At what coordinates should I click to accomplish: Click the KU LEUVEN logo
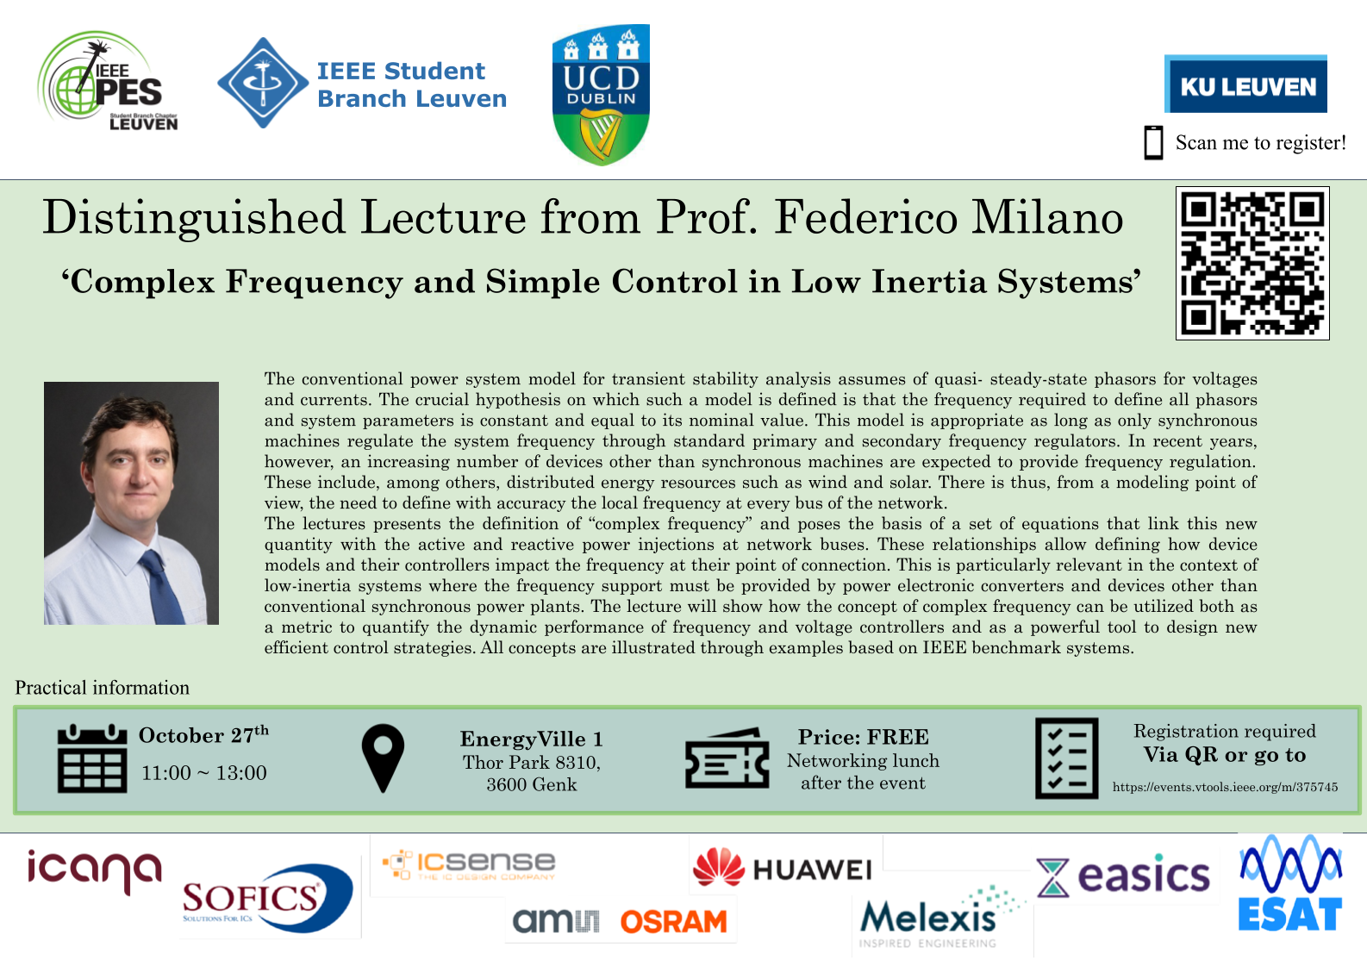coord(1245,84)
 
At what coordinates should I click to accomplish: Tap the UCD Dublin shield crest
coord(601,95)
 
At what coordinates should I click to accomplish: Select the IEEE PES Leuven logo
coord(108,81)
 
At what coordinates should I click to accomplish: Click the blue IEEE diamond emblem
coord(263,83)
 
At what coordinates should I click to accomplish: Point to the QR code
coord(1252,263)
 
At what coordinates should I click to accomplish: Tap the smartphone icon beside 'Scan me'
coord(1153,143)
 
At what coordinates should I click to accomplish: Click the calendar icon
coord(92,758)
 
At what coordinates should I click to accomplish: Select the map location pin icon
coord(383,758)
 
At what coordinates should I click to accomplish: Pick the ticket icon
coord(727,758)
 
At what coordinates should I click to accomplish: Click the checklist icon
coord(1067,758)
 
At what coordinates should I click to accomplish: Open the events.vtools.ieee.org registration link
coord(1225,787)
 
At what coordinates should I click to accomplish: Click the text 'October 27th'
coord(203,734)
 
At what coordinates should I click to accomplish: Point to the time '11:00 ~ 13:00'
coord(203,773)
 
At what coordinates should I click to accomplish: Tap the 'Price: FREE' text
coord(864,737)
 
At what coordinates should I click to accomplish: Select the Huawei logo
coord(783,868)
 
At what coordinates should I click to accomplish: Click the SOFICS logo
coord(267,898)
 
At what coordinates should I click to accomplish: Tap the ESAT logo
coord(1290,883)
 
